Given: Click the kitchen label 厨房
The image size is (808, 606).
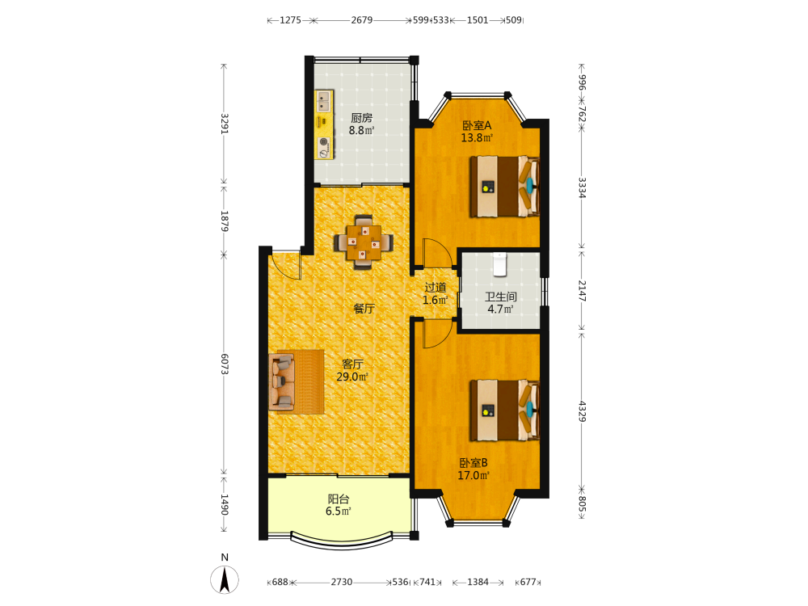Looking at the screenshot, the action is (x=362, y=118).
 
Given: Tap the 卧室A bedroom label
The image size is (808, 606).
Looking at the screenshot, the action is (x=477, y=125).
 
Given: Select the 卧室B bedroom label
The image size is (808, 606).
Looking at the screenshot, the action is (x=473, y=463).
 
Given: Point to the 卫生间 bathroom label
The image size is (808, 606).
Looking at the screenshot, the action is (x=500, y=297).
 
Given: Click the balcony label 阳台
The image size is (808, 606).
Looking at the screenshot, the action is (x=339, y=499).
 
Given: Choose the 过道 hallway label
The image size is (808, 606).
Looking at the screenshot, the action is (x=436, y=288).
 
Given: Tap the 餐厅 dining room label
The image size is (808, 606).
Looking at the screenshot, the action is (x=364, y=309).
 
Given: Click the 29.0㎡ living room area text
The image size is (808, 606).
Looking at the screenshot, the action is (x=352, y=377).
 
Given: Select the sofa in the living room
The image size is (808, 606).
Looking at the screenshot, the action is (x=282, y=382).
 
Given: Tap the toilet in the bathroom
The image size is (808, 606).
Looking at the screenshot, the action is (x=500, y=264).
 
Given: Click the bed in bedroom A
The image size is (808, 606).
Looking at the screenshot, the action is (x=504, y=187).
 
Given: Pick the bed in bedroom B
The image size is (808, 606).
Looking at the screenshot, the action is (x=504, y=410).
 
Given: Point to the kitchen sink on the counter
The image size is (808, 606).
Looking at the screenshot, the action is (x=324, y=101).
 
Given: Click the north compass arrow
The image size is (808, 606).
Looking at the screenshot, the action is (x=225, y=579).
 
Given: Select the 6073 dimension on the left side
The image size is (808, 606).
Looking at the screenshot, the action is (x=225, y=364).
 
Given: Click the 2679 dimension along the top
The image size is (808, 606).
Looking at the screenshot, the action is (x=362, y=20).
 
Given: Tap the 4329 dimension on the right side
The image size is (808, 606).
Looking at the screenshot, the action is (x=581, y=411).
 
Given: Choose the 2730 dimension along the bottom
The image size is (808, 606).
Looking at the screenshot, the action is (x=342, y=582).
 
